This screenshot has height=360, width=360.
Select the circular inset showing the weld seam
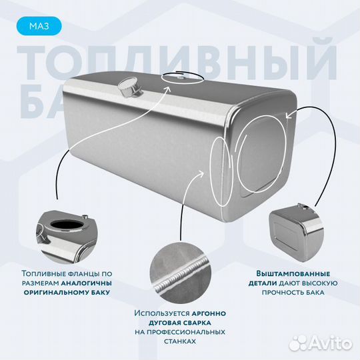click(179, 274)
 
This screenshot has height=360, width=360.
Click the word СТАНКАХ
click(179, 341)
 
